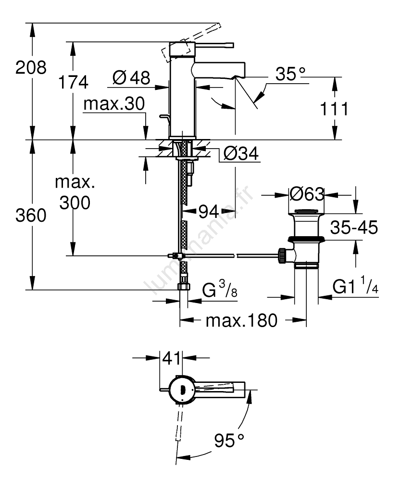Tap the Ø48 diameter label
tap(131, 77)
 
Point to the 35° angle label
tap(290, 74)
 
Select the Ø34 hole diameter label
tap(241, 154)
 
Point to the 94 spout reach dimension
tap(209, 210)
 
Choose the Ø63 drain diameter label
tap(306, 194)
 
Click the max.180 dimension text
tap(241, 320)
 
